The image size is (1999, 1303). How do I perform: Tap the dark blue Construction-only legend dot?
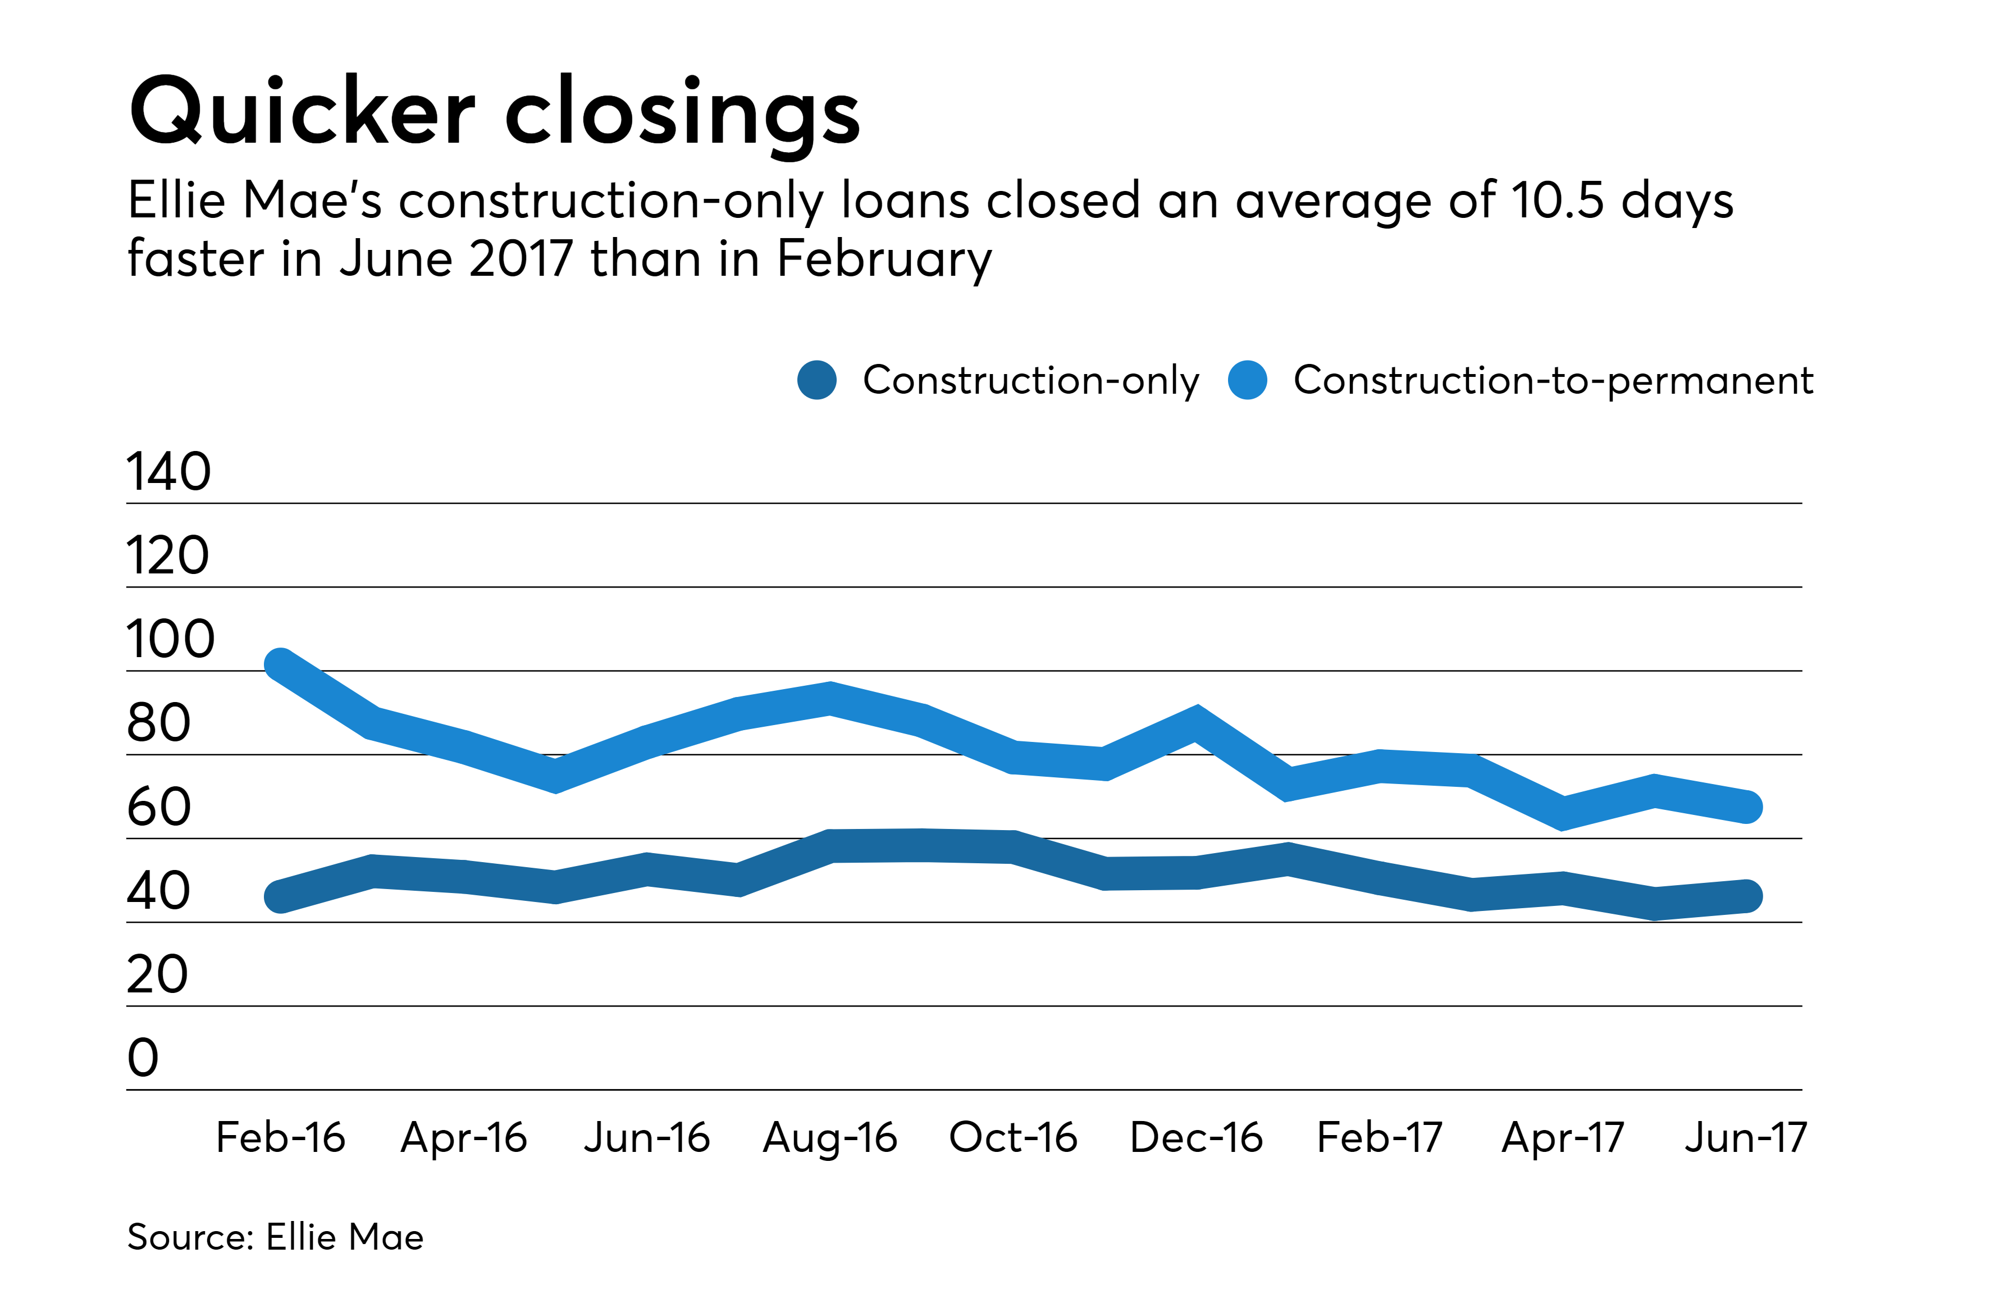[816, 381]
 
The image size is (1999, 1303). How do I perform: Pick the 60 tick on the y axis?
[159, 807]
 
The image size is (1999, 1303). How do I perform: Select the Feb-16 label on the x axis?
[281, 1137]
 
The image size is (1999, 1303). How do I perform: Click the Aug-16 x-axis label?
[830, 1137]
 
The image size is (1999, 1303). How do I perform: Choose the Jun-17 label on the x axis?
[1745, 1137]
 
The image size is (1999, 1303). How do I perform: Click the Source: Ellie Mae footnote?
[276, 1237]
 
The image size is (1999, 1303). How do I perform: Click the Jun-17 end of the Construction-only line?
[1747, 896]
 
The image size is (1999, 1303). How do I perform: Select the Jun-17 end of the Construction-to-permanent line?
[1747, 807]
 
